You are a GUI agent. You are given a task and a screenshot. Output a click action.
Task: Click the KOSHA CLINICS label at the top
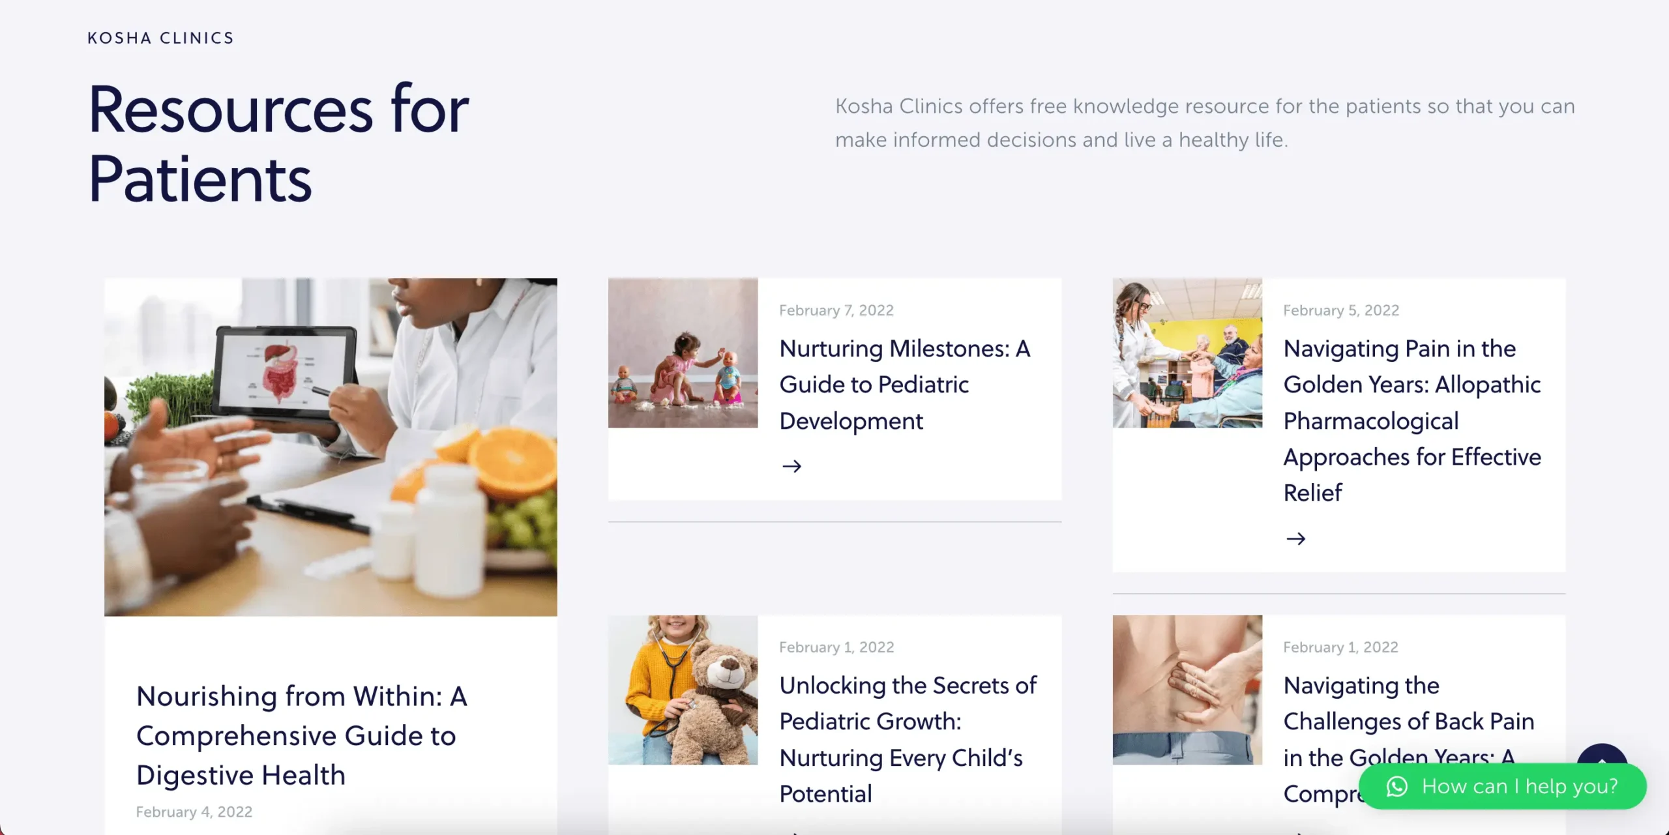point(160,38)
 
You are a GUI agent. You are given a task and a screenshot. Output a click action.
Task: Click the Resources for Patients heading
point(278,143)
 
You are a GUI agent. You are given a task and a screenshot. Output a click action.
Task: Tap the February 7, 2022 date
point(836,310)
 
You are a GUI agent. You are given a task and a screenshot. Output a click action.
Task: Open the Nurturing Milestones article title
point(905,385)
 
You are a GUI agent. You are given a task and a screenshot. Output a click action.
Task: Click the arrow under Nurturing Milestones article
point(791,466)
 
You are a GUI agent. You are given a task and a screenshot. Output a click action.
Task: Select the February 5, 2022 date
point(1341,310)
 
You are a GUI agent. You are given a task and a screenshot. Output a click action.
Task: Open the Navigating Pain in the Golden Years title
point(1412,420)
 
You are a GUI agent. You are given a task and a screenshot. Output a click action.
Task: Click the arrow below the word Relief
point(1295,538)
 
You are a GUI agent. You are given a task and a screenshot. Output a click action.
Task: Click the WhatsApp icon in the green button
point(1396,786)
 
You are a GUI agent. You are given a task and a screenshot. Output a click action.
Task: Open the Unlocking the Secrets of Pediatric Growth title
point(908,739)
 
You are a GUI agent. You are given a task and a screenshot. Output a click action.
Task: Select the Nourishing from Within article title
point(302,735)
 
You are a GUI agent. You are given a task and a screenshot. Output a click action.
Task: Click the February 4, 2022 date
point(194,812)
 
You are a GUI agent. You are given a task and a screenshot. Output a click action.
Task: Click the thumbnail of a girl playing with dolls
point(683,353)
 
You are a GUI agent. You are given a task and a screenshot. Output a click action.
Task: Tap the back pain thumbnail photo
point(1187,690)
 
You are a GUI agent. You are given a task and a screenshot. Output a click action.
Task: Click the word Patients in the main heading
point(200,179)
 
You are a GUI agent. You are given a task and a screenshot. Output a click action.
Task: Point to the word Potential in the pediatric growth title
point(825,793)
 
